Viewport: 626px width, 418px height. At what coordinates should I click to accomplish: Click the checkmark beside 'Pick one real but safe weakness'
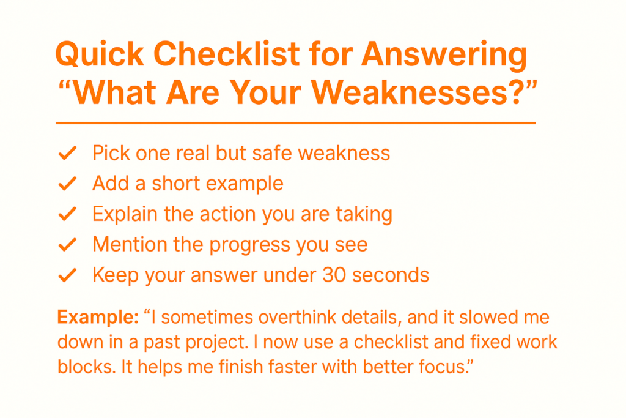click(67, 153)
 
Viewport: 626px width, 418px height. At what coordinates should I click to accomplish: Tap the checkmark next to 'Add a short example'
click(67, 184)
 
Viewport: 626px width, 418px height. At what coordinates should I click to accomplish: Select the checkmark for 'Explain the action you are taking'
click(67, 214)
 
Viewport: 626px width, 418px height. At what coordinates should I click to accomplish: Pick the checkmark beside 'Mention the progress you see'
click(67, 245)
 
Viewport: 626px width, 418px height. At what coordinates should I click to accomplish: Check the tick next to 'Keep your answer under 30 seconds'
click(67, 275)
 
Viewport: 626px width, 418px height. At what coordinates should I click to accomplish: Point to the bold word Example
click(98, 318)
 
